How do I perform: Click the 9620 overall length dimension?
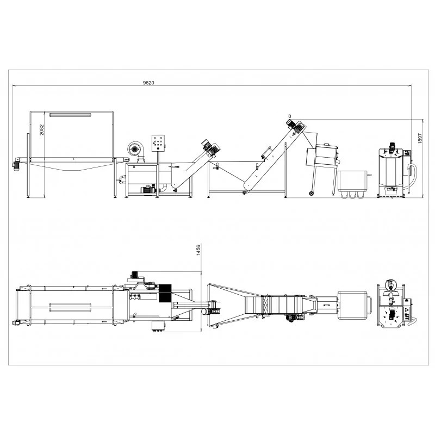[148, 83]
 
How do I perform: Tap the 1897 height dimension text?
[419, 139]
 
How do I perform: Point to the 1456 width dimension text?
[198, 250]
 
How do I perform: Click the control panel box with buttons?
[159, 142]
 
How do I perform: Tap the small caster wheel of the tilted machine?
[311, 193]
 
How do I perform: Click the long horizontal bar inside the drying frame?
[70, 115]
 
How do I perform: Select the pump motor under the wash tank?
[146, 190]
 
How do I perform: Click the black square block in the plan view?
[165, 294]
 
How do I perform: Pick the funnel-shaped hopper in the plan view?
[228, 305]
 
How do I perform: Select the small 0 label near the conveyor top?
[289, 116]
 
